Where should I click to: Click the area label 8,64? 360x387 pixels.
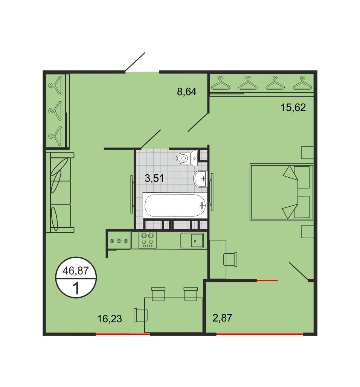tap(187, 92)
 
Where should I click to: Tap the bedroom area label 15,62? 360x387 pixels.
tap(293, 107)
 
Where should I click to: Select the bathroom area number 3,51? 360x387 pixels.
tap(154, 178)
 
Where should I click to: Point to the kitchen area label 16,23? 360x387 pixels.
tap(110, 318)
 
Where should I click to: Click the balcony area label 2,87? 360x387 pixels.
tap(222, 318)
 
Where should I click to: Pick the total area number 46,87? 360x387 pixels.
tap(76, 271)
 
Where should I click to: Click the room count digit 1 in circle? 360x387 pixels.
tap(76, 288)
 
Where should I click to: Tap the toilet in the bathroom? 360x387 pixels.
tap(187, 158)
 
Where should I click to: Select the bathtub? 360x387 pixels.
tap(175, 205)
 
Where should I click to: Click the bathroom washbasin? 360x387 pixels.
tap(200, 178)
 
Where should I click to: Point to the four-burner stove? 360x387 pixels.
tap(147, 240)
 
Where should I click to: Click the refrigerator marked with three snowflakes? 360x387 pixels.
tap(119, 241)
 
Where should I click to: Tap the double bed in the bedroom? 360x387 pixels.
tap(282, 192)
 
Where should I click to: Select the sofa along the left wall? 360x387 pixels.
tap(60, 192)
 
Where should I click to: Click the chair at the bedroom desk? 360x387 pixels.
tap(230, 259)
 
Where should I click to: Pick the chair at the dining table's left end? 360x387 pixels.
tap(140, 315)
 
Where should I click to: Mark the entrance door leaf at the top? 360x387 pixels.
tap(135, 62)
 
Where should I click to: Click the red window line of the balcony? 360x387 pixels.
tap(259, 334)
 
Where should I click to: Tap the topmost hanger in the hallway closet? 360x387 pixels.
tap(56, 85)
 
